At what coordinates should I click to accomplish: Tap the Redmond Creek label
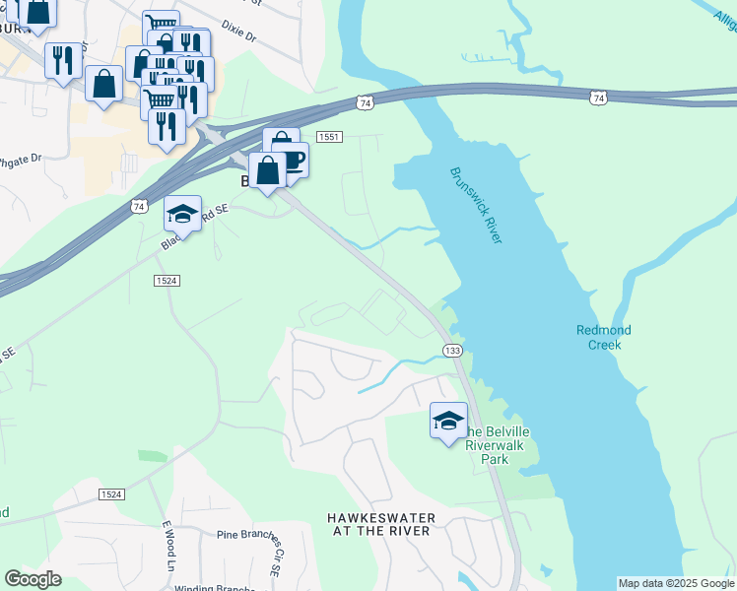603,337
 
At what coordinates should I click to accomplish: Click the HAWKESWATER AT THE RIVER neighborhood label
380,524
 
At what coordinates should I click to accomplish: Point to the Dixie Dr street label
238,34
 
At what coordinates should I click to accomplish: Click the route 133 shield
452,351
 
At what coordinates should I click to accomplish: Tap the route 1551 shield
329,137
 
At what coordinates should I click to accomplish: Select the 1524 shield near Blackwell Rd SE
167,281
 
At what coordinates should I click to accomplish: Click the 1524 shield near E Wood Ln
111,493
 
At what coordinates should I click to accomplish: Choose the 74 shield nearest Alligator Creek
599,97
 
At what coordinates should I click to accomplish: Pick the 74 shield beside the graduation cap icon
138,206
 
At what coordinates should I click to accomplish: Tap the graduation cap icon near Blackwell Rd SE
182,213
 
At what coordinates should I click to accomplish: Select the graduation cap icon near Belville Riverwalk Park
448,421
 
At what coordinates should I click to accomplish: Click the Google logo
33,579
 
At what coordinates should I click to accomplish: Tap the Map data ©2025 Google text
676,583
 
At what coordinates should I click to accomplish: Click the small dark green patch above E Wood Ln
152,456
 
